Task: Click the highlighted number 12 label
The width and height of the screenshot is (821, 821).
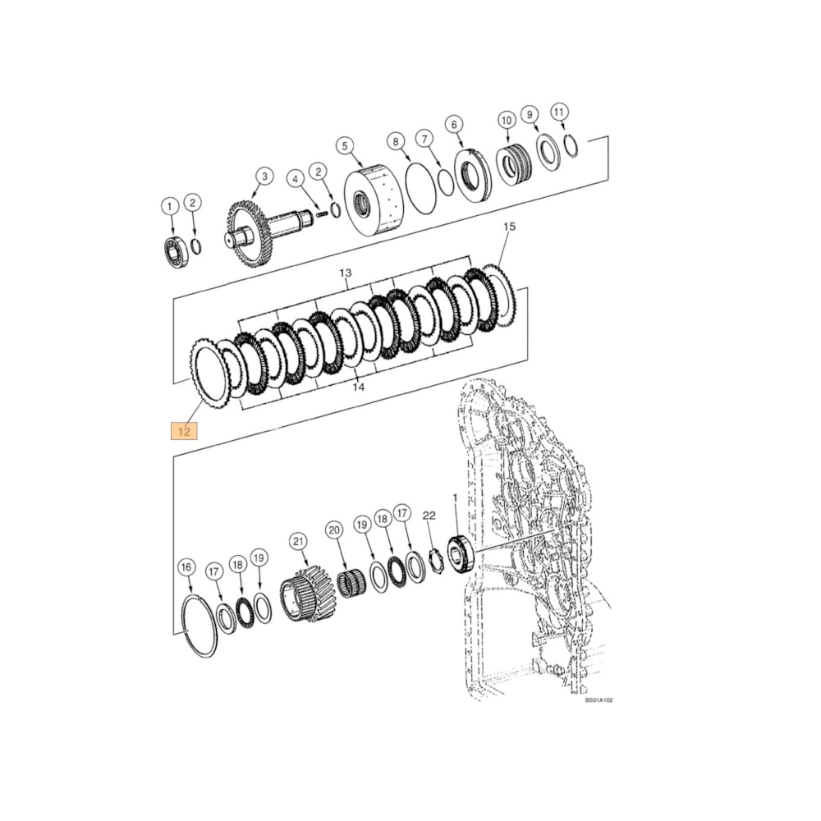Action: pyautogui.click(x=184, y=430)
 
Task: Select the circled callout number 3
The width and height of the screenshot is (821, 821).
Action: pyautogui.click(x=264, y=176)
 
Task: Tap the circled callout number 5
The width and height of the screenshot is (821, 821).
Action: pyautogui.click(x=344, y=145)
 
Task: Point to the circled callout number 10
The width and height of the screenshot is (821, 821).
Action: pyautogui.click(x=506, y=121)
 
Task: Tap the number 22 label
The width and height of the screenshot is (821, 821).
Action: pyautogui.click(x=429, y=515)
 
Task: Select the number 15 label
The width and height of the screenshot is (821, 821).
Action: pyautogui.click(x=508, y=226)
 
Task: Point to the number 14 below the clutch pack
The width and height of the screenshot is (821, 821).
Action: pyautogui.click(x=357, y=385)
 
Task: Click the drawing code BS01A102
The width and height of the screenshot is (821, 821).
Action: pyautogui.click(x=599, y=700)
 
